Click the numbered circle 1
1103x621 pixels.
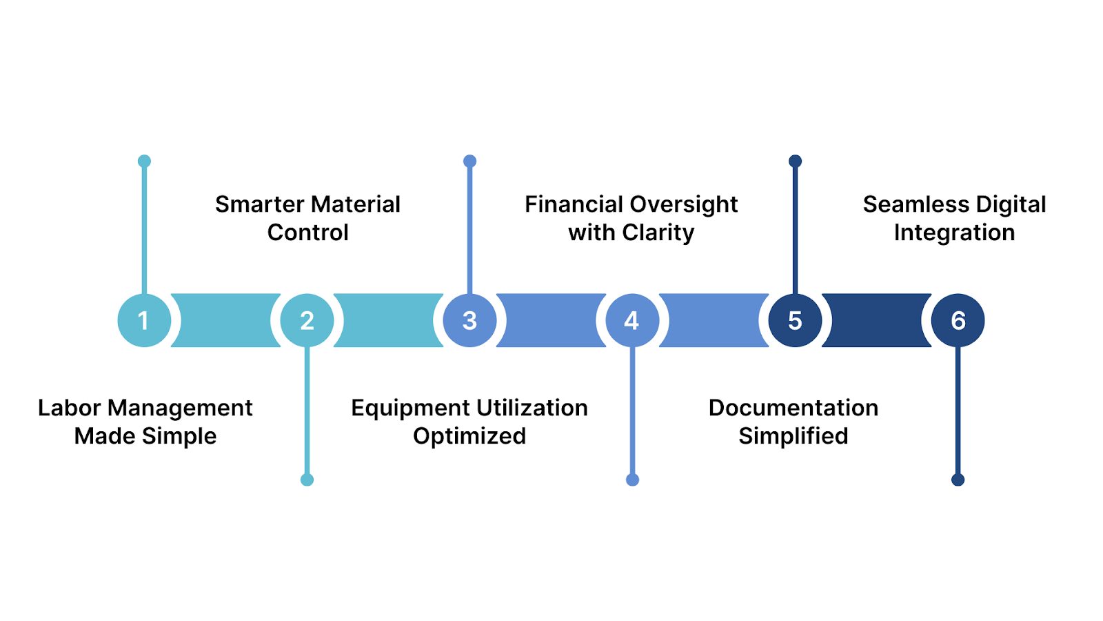(x=144, y=320)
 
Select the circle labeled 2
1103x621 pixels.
(x=307, y=320)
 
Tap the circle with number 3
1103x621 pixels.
(x=469, y=320)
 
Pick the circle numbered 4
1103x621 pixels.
(x=632, y=320)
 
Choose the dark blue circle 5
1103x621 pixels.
(x=795, y=320)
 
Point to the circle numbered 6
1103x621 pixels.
(x=958, y=320)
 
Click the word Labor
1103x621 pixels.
(x=69, y=408)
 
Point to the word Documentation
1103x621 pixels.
(x=793, y=408)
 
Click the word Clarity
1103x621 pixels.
(x=658, y=233)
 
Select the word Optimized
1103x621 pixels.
(x=469, y=437)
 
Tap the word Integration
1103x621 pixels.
(x=954, y=233)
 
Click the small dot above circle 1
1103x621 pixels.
(x=144, y=161)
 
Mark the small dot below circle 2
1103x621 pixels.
(x=307, y=480)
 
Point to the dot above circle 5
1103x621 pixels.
(x=795, y=161)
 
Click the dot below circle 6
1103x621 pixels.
(x=958, y=480)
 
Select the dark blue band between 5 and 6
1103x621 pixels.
(x=876, y=320)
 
